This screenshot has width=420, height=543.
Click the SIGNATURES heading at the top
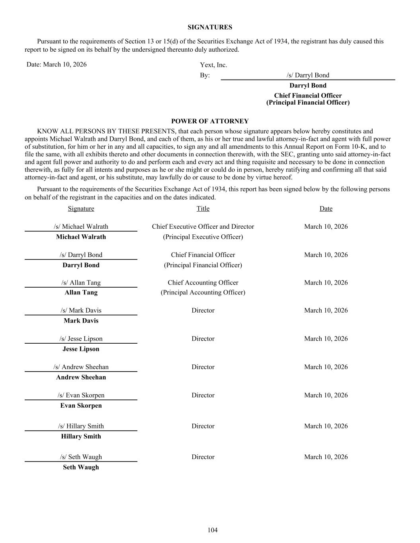(210, 27)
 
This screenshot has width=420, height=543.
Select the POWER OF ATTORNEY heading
(210, 121)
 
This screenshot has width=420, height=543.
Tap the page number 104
(213, 530)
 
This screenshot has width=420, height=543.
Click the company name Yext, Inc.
(213, 65)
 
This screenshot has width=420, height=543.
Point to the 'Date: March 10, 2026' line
(57, 64)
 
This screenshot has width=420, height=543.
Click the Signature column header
(81, 208)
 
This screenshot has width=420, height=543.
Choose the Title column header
(203, 208)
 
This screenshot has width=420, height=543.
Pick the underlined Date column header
(326, 208)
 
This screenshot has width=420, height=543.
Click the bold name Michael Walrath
(81, 237)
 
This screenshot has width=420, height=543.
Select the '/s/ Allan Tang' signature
(81, 282)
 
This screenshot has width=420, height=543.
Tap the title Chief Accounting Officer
(203, 282)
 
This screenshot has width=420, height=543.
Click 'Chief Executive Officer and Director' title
(203, 226)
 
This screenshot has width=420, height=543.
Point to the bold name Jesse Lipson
(81, 349)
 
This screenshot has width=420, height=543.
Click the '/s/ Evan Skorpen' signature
(81, 395)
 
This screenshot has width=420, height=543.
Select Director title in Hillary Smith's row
(203, 426)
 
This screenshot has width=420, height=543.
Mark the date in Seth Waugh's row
(326, 457)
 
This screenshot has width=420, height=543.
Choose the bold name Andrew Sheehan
(81, 377)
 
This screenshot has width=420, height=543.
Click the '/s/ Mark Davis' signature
(81, 310)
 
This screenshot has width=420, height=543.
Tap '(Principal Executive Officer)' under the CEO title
(203, 237)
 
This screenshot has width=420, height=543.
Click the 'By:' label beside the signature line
(205, 75)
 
